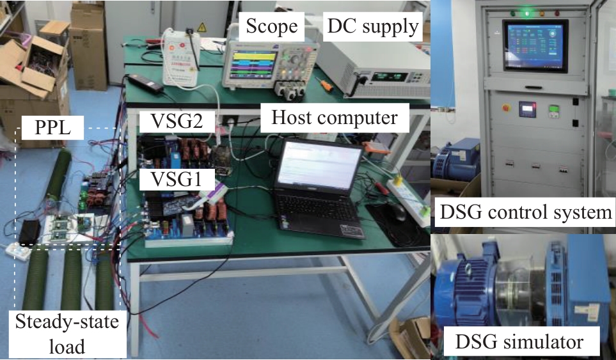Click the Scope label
tap(272, 26)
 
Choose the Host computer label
tap(335, 118)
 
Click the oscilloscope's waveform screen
tap(250, 64)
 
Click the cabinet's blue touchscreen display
tap(534, 46)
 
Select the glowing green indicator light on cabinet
tap(527, 11)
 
